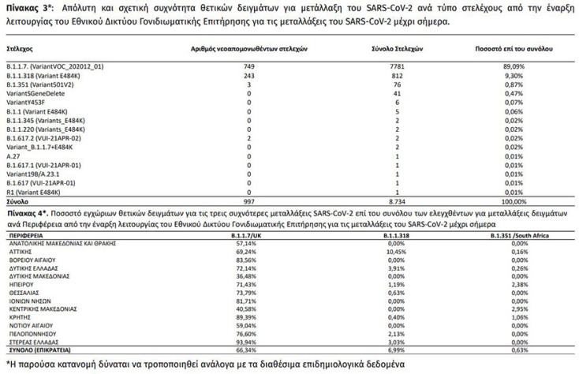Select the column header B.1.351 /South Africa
(517, 235)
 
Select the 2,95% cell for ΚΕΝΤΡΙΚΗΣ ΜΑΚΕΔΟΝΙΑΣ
(518, 309)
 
